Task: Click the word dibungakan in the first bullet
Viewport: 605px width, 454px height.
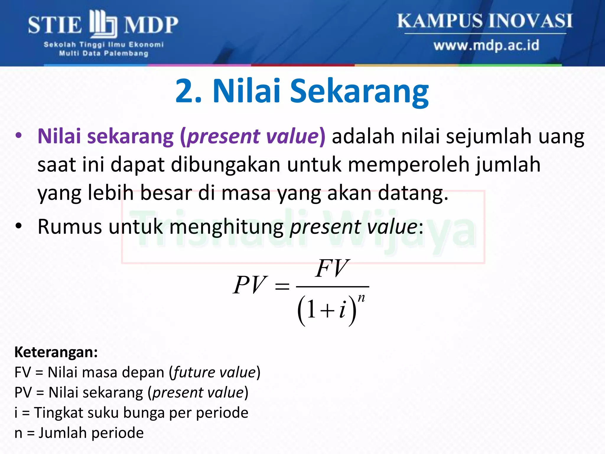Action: click(x=225, y=165)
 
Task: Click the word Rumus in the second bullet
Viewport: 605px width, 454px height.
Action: click(x=70, y=227)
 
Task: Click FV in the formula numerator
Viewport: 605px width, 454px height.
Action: click(x=332, y=268)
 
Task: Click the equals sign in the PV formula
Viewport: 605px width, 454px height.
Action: click(x=282, y=286)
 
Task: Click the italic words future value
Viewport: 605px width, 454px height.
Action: click(x=214, y=372)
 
